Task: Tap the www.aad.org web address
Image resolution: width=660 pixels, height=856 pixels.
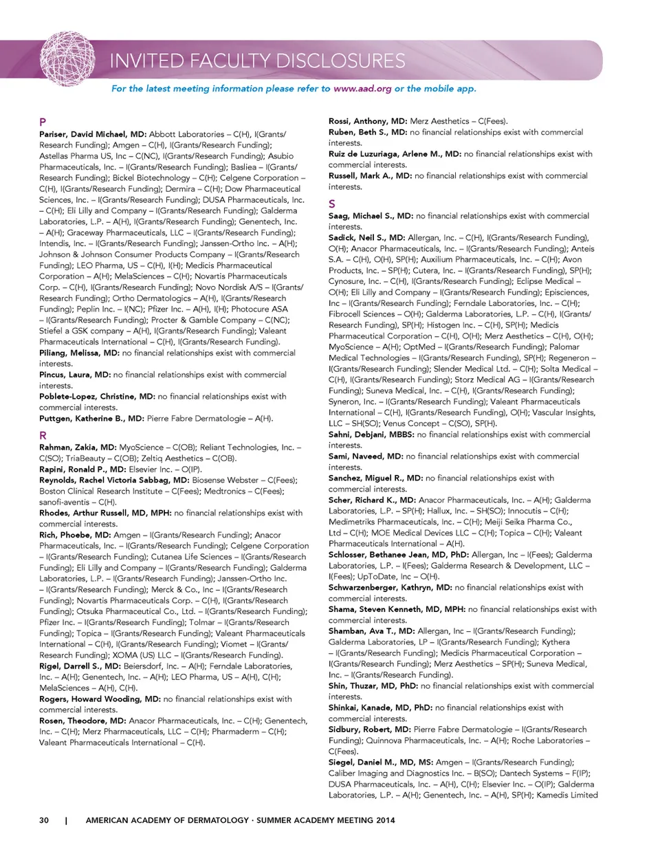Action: (x=362, y=89)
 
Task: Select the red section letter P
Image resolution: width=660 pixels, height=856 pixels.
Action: (x=43, y=122)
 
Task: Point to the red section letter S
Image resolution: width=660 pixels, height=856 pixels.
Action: (x=332, y=204)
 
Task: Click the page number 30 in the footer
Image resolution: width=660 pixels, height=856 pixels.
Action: (x=44, y=820)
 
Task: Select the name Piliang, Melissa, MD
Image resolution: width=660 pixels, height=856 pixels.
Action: (x=79, y=353)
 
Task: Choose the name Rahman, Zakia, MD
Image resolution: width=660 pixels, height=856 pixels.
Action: (x=78, y=447)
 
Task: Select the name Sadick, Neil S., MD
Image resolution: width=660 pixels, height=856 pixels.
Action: (x=366, y=237)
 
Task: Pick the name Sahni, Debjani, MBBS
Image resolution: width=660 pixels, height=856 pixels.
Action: (x=371, y=435)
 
